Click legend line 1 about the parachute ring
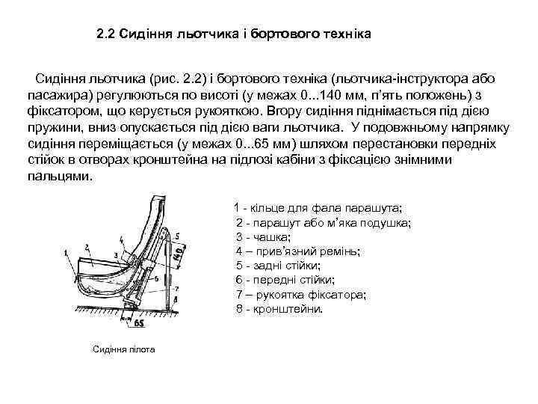[318, 206]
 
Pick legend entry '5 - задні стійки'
[277, 266]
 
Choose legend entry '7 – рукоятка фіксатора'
[300, 295]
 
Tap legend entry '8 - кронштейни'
[279, 308]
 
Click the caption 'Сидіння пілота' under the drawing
[123, 349]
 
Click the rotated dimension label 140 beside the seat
[179, 257]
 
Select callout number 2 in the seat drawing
[87, 246]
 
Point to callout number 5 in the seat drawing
[176, 236]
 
